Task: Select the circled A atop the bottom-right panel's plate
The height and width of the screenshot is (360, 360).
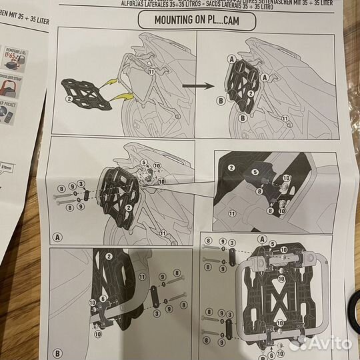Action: pos(261,241)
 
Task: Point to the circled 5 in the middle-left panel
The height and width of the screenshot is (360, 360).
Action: pos(142,161)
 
